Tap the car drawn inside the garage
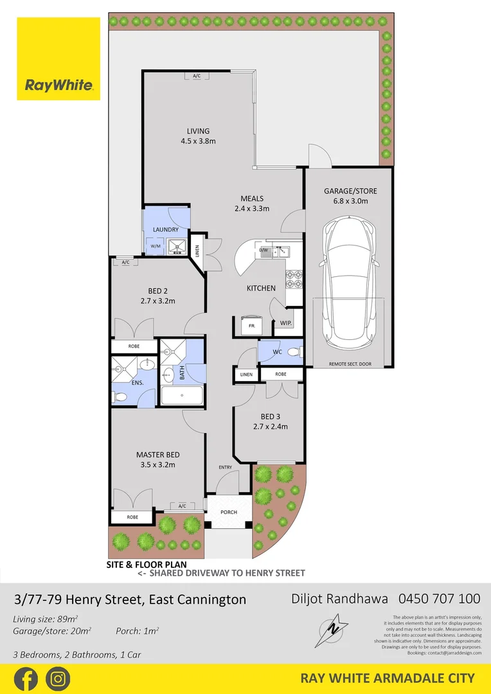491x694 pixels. pyautogui.click(x=348, y=281)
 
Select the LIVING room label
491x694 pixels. pyautogui.click(x=198, y=131)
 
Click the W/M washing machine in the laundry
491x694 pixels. pyautogui.click(x=155, y=245)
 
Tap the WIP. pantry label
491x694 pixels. pyautogui.click(x=286, y=323)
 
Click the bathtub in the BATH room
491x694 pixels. pyautogui.click(x=182, y=395)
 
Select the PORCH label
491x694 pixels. pyautogui.click(x=228, y=512)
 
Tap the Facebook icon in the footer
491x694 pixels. pyautogui.click(x=26, y=679)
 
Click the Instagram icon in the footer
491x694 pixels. pyautogui.click(x=58, y=679)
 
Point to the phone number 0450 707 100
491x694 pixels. pyautogui.click(x=440, y=599)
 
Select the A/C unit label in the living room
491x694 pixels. pyautogui.click(x=197, y=76)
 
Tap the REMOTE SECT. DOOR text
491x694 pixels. pyautogui.click(x=350, y=364)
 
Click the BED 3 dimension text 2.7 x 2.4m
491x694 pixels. pyautogui.click(x=270, y=426)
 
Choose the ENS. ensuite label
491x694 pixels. pyautogui.click(x=136, y=383)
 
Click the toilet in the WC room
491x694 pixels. pyautogui.click(x=294, y=352)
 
